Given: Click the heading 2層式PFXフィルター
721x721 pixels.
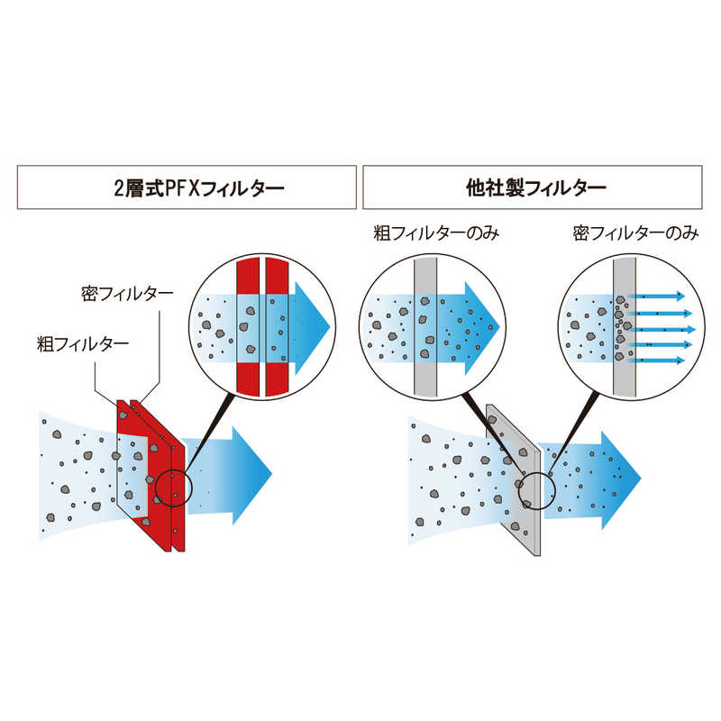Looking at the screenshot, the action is pos(198,187).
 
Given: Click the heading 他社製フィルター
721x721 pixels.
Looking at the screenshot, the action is pos(536,187).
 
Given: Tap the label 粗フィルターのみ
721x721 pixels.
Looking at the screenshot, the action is pos(436,233).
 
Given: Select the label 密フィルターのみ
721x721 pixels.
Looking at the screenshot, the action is pos(635,233).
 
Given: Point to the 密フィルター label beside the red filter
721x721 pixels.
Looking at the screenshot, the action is pos(127,294).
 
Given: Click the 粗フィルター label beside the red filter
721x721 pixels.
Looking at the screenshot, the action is pos(83,343).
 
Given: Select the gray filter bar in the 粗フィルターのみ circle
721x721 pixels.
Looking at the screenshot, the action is pos(425,327).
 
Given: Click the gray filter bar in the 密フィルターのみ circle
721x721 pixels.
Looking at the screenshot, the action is pos(625,327).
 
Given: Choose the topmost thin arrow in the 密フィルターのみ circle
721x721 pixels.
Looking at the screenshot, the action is pos(657,297).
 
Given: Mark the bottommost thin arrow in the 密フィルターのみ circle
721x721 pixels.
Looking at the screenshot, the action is pos(657,360).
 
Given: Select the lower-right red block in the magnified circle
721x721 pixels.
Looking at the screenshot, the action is pos(277,379).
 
